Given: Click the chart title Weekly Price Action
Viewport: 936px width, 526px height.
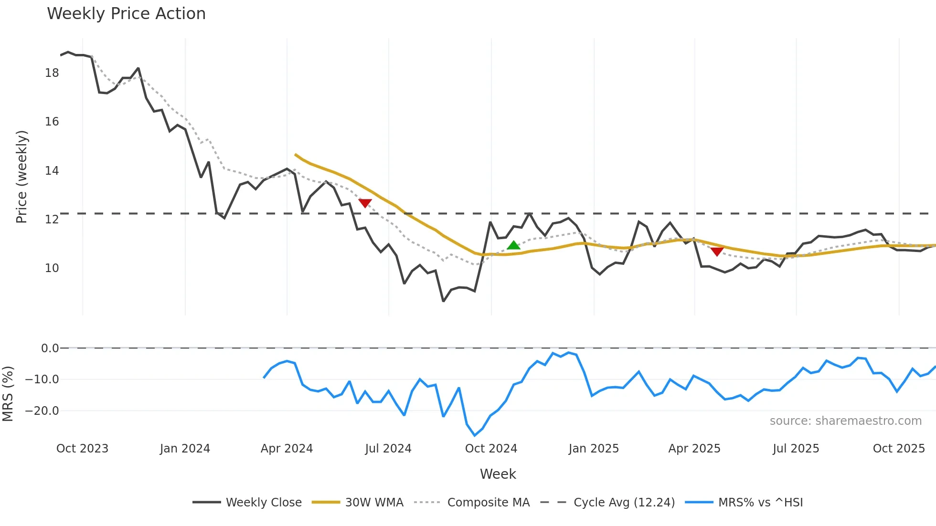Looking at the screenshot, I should pos(126,13).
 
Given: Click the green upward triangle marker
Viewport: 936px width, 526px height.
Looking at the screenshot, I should pos(513,245).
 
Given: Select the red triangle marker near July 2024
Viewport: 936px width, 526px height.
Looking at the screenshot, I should pos(365,203).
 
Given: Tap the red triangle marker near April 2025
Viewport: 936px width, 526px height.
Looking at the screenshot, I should pos(717,252).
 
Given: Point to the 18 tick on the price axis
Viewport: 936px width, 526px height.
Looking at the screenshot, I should pos(52,73).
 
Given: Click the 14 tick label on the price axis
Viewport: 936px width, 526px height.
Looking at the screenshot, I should pos(52,170).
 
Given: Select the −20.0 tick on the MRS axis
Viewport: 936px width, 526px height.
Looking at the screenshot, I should pos(42,410).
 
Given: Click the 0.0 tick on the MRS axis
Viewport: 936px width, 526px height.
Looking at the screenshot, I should pos(50,348).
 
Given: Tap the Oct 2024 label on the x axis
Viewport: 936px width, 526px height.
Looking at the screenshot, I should pos(491,449).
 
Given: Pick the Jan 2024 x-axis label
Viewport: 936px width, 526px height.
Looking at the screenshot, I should pos(185,449).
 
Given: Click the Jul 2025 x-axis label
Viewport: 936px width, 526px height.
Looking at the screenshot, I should pos(796,449).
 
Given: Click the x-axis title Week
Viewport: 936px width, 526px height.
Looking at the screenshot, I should pos(498,474).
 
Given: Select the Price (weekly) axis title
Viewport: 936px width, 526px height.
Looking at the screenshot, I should pos(21,177).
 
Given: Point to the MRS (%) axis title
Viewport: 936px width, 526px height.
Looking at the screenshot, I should pos(8,394).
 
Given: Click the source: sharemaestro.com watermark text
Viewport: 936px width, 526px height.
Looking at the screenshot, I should pos(845,421).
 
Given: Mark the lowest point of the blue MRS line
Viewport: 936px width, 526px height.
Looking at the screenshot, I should pos(475,435).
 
